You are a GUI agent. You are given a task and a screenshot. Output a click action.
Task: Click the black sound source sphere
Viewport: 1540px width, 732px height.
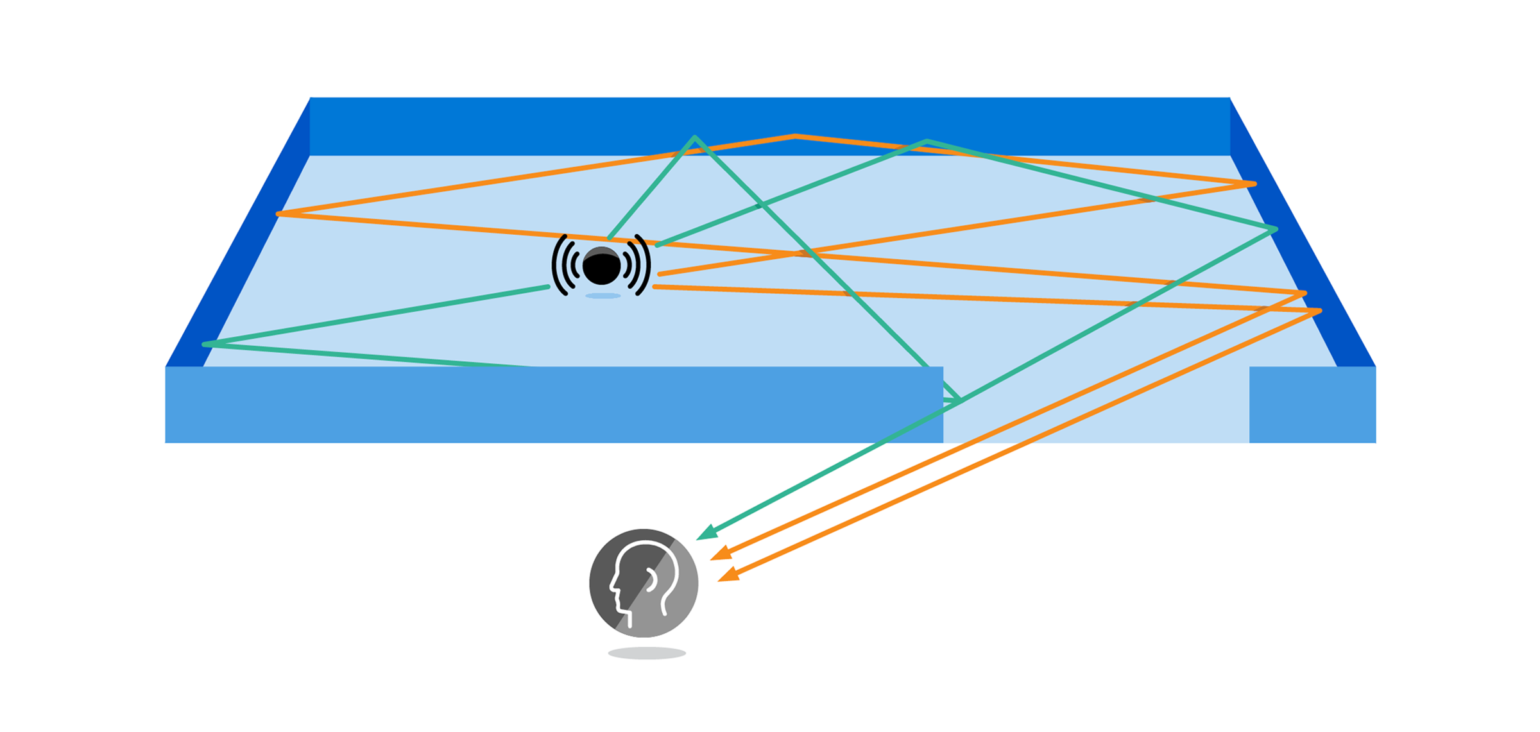click(x=601, y=266)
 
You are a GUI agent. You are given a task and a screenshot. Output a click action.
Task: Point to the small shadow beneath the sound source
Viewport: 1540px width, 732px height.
click(x=603, y=296)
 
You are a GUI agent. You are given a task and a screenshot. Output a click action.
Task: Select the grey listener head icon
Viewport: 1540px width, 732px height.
click(x=644, y=583)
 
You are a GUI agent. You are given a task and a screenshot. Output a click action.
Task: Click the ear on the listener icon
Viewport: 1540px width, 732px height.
click(x=652, y=580)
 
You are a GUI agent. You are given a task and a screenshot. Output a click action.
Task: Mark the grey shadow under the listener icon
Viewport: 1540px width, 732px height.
click(x=647, y=653)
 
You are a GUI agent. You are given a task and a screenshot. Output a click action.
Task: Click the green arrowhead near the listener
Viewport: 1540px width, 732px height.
click(x=706, y=533)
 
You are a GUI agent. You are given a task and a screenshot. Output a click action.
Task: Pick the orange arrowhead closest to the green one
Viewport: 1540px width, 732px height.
click(x=721, y=554)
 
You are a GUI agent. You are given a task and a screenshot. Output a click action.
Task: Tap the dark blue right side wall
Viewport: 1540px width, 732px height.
click(x=1309, y=257)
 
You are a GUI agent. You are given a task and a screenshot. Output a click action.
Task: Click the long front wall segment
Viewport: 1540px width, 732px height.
click(x=552, y=405)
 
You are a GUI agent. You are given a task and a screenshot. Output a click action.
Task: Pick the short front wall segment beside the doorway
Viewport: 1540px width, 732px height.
click(x=1312, y=405)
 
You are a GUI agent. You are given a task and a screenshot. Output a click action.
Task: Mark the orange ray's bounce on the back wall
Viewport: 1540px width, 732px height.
click(x=794, y=136)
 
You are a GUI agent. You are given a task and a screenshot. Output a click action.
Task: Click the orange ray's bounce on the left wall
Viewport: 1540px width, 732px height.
click(x=278, y=214)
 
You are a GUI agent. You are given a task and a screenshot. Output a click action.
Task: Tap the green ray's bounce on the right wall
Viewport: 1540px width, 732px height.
click(x=1275, y=229)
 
